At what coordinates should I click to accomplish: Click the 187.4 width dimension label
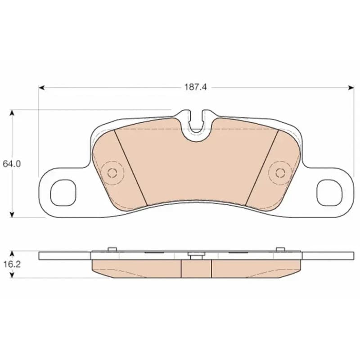[196, 87]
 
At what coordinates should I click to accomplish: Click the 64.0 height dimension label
[12, 164]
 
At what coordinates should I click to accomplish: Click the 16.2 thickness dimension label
[12, 264]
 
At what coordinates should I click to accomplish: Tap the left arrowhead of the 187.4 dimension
[41, 87]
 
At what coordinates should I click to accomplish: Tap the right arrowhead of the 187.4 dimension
[351, 87]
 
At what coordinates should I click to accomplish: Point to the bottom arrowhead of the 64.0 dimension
[12, 214]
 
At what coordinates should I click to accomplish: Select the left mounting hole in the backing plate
[63, 193]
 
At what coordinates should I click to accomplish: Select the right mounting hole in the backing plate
[329, 193]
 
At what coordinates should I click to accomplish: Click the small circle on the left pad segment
[112, 173]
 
